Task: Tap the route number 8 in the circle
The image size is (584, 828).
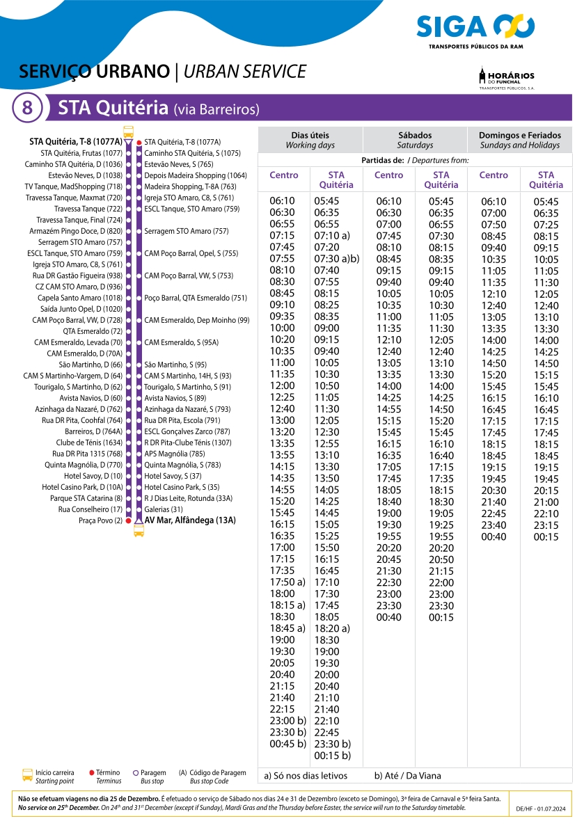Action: (x=27, y=108)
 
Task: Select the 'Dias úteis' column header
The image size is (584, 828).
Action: (x=310, y=140)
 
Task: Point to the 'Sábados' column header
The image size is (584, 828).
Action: (x=415, y=140)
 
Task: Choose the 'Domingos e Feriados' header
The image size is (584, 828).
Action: (x=519, y=140)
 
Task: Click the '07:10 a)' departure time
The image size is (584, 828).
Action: (x=332, y=236)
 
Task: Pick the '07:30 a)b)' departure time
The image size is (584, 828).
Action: (x=336, y=259)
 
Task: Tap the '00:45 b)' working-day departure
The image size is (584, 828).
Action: (x=287, y=744)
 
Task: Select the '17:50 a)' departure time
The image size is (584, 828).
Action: (x=287, y=582)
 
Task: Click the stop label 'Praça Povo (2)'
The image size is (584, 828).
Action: (x=100, y=520)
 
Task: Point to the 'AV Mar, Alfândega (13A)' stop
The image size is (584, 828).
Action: (x=189, y=520)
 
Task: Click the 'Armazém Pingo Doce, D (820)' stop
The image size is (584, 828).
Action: (x=76, y=231)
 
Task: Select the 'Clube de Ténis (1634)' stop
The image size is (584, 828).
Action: (x=89, y=443)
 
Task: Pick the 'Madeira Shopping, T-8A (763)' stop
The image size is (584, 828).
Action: (x=190, y=186)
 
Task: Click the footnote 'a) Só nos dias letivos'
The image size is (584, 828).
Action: (x=306, y=776)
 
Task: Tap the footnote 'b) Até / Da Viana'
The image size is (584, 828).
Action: (x=407, y=776)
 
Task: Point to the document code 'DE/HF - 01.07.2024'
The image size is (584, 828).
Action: (x=542, y=809)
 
